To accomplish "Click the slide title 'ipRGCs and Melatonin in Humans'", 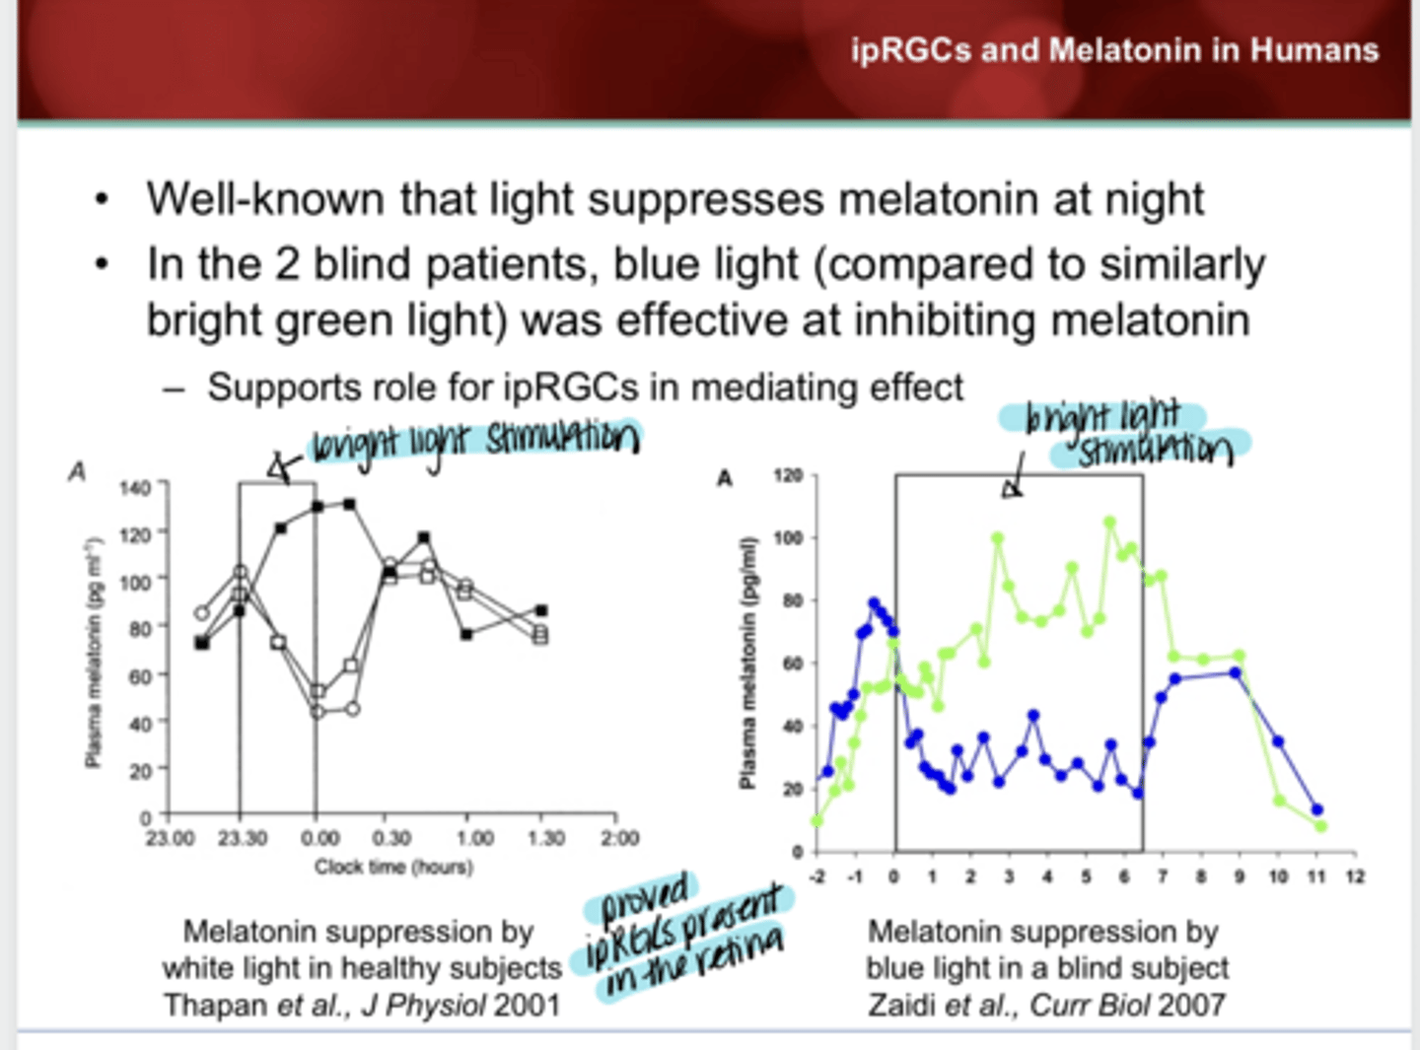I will (1114, 50).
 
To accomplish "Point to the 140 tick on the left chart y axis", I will (135, 487).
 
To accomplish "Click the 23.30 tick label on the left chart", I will (242, 838).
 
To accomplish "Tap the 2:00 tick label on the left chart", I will (619, 838).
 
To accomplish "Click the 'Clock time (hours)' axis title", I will (393, 867).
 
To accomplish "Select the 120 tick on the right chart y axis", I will (788, 476).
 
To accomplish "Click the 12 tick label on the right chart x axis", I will (1355, 876).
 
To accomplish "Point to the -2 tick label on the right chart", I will (816, 876).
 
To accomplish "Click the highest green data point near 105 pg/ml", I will (1109, 523).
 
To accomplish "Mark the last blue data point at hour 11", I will (1317, 809).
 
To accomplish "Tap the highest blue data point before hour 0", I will (873, 602).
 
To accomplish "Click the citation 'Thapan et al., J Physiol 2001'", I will (362, 1005).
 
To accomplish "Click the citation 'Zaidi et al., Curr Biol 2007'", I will (1046, 1005).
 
